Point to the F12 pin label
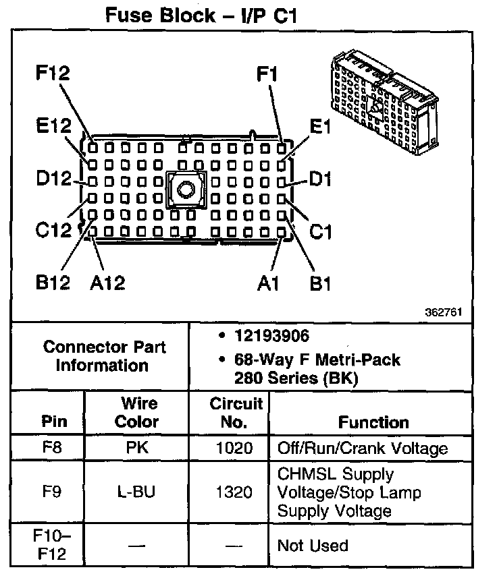53,74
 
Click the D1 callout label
320,179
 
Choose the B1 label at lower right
320,283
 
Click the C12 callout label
53,231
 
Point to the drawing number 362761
444,313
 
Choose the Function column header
373,422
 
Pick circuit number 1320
234,492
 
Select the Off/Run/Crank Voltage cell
363,449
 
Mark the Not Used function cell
313,545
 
